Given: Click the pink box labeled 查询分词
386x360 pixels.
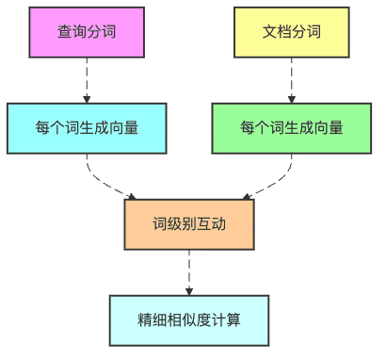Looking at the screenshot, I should click(87, 32).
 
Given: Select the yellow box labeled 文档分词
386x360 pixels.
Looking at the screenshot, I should click(291, 32).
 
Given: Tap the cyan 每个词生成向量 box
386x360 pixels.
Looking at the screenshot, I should click(87, 128).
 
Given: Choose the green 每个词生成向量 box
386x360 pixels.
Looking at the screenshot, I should click(291, 128).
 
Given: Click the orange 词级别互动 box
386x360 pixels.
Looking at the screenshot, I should click(189, 224).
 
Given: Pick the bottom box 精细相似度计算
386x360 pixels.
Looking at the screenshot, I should click(189, 319).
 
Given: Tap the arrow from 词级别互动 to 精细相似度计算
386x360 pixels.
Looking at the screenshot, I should click(189, 271).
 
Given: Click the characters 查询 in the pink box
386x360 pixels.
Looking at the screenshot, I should click(72, 32).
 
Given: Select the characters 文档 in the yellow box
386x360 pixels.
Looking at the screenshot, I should click(276, 32).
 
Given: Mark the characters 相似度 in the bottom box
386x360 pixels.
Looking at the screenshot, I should click(189, 319).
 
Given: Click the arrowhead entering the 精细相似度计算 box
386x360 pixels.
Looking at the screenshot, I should click(189, 290).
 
